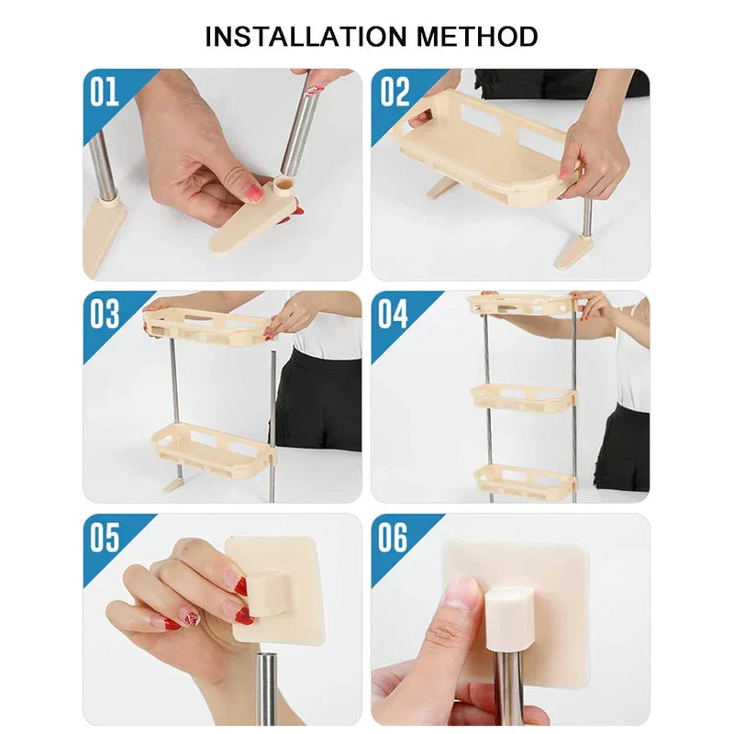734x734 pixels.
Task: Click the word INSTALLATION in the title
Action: click(306, 37)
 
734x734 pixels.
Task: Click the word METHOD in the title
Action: click(477, 37)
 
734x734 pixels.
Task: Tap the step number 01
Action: click(105, 92)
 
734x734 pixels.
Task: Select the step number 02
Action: click(395, 92)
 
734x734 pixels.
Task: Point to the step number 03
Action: click(105, 314)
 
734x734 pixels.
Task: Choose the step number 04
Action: click(393, 314)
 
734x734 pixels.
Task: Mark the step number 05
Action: click(105, 537)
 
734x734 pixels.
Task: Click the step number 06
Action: click(393, 537)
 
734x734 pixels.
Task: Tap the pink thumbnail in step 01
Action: click(254, 193)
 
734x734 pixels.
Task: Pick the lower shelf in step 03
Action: click(214, 449)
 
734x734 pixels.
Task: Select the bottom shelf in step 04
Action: click(524, 480)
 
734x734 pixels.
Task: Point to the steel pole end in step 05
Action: click(267, 688)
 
